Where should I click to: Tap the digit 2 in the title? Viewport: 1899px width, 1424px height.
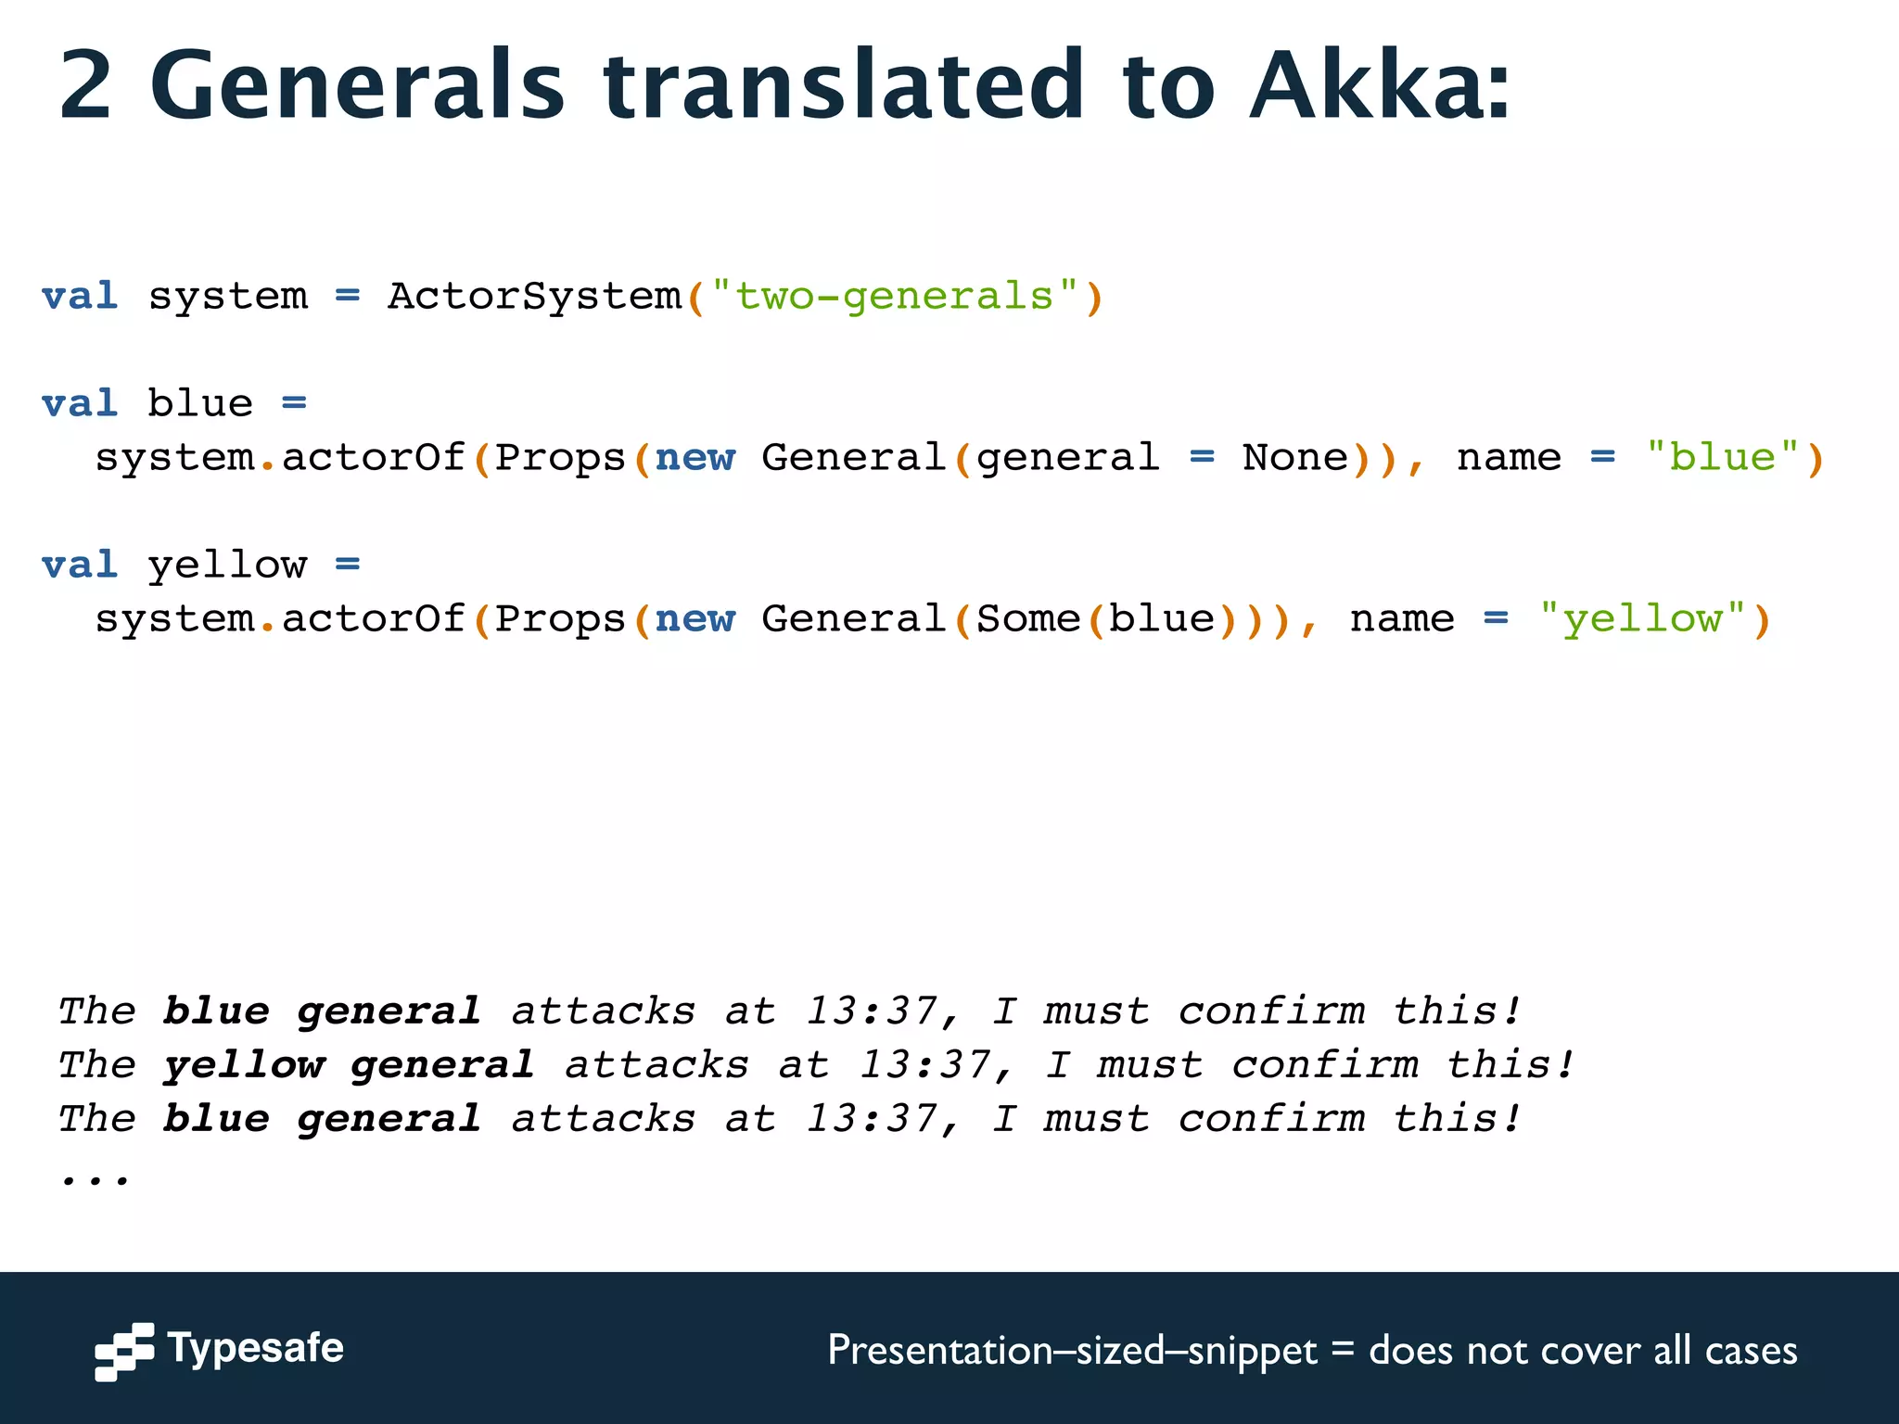(86, 85)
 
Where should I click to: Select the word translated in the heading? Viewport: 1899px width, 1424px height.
(843, 85)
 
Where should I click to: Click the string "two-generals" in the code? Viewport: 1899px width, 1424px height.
(894, 297)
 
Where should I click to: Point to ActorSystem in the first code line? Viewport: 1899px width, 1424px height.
(534, 297)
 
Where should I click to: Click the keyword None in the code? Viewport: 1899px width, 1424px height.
(1294, 458)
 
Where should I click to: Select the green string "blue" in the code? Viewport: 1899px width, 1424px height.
(1722, 458)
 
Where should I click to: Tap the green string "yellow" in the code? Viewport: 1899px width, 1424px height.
(1642, 619)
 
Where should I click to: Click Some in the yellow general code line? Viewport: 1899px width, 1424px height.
(1028, 619)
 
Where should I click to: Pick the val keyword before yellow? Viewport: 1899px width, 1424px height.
(80, 565)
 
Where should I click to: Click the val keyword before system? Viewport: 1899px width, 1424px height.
(80, 297)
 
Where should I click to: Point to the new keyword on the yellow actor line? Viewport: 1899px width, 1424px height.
(695, 619)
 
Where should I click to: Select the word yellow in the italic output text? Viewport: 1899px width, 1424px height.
(244, 1065)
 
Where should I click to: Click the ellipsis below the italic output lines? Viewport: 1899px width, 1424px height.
(95, 1177)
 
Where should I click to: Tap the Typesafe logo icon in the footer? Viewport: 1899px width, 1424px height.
(124, 1351)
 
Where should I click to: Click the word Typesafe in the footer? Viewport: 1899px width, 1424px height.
(255, 1348)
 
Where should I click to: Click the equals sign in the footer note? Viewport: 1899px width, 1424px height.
(1342, 1349)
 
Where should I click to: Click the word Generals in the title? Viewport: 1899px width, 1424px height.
(357, 85)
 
